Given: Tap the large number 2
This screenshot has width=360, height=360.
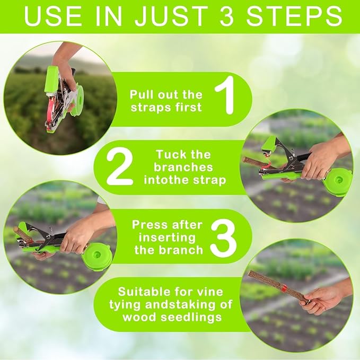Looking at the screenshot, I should (120, 166).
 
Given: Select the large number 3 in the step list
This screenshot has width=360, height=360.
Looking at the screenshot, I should (223, 238).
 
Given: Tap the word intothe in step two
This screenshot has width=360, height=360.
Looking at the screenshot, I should (171, 180).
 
